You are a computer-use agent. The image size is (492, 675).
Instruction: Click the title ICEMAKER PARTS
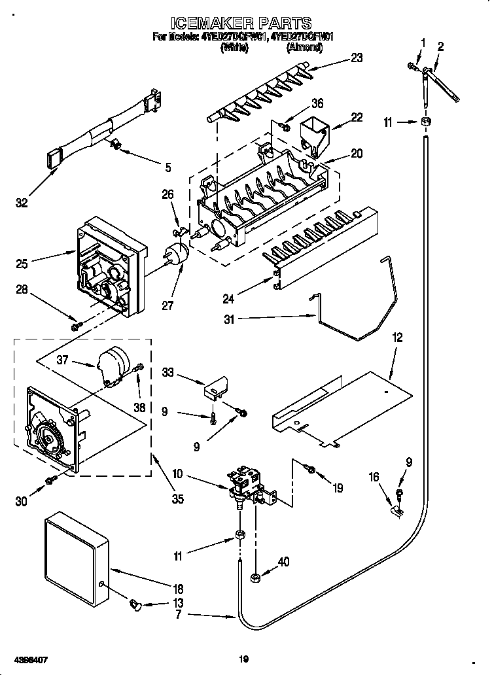click(246, 24)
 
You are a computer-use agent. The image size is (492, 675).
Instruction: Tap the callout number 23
click(356, 58)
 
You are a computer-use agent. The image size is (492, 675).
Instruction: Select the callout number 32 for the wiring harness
click(22, 203)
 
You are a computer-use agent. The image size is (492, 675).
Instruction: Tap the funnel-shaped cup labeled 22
click(314, 131)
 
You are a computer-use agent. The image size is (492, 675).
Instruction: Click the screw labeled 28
click(76, 325)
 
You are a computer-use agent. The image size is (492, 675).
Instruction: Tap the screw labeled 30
click(50, 482)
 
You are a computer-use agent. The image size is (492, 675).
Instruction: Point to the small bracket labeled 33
click(215, 389)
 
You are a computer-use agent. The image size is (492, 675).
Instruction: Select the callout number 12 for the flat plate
click(397, 337)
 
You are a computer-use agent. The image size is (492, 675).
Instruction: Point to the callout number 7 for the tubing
click(177, 615)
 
